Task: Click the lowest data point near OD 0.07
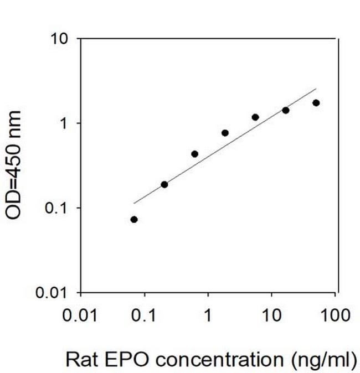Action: (x=134, y=220)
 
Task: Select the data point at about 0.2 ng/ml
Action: (x=164, y=184)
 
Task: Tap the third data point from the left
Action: (x=195, y=154)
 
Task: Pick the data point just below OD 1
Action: (x=225, y=133)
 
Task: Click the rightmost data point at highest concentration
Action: (x=316, y=103)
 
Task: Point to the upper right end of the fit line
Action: (x=316, y=89)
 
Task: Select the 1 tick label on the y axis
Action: (x=66, y=123)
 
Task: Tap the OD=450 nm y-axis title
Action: (x=15, y=165)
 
